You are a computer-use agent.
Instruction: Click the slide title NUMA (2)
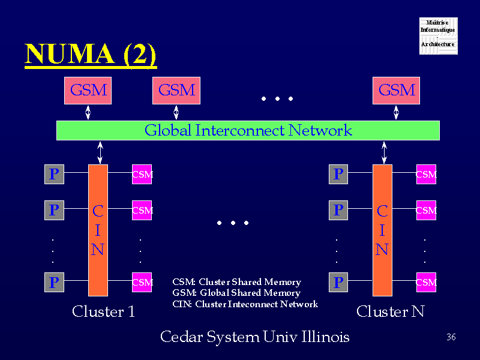pos(91,55)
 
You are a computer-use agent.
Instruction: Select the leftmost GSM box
pos(88,91)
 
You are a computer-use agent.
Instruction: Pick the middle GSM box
pos(176,91)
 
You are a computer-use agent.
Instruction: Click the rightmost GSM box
pos(397,91)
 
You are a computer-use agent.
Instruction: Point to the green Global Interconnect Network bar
pos(248,130)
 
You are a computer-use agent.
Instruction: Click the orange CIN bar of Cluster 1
pos(98,230)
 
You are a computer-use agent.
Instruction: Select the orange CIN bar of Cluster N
pos(382,230)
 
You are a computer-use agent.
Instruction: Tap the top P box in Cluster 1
pos(54,174)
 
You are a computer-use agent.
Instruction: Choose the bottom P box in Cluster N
pos(338,282)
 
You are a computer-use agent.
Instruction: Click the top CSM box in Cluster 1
pos(142,175)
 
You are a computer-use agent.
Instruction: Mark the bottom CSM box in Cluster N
pos(426,282)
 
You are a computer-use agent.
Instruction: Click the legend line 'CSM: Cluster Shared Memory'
pos(236,282)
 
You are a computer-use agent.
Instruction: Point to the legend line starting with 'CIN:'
pos(245,304)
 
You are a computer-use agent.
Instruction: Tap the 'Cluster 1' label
pos(103,312)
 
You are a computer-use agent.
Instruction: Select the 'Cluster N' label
pos(390,312)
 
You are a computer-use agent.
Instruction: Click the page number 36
pos(452,337)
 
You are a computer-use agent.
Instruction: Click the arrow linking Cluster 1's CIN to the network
pos(100,152)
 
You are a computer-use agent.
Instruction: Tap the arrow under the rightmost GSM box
pos(396,112)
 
